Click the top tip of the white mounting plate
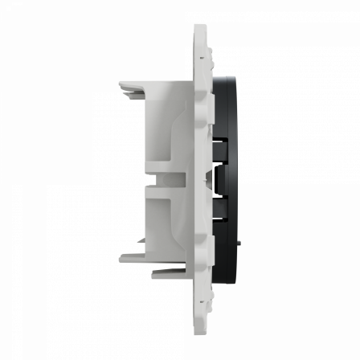tap(200, 26)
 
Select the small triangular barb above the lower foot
tap(141, 239)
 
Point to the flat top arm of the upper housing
tap(153, 84)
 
